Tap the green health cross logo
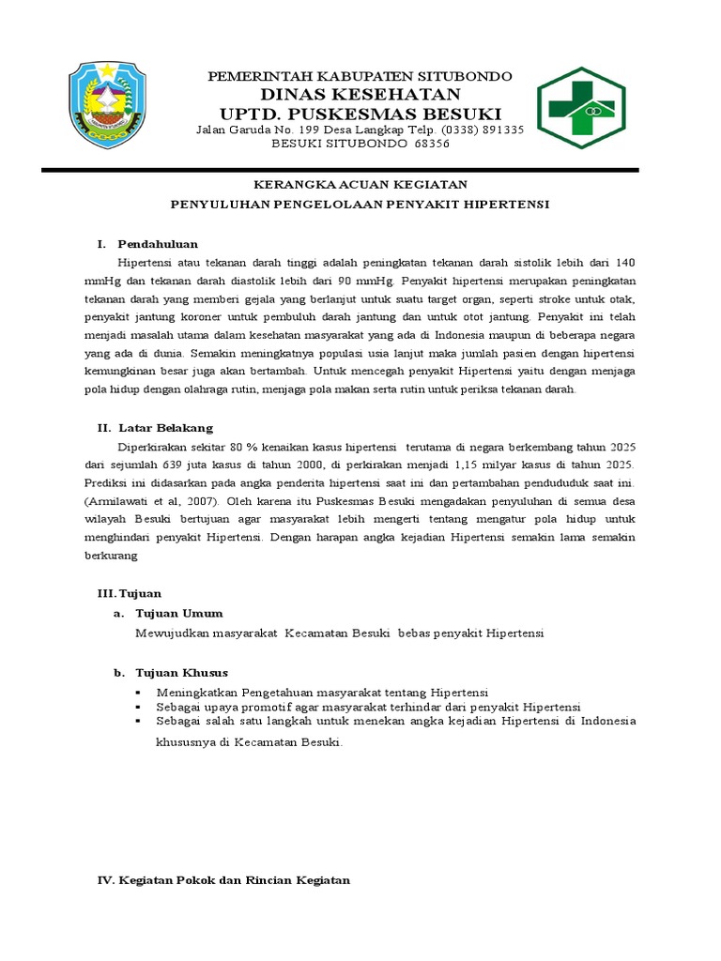coord(581,108)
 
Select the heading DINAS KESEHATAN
coord(360,94)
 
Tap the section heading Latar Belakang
coord(165,428)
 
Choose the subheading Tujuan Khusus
coord(181,673)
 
